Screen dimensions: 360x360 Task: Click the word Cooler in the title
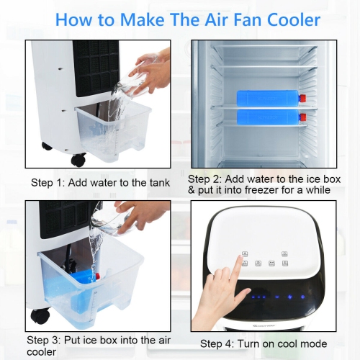coord(281,19)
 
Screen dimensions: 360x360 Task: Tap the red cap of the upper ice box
coord(303,97)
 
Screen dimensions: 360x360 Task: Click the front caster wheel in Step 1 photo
coord(78,159)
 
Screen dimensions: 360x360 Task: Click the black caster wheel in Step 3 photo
coord(40,315)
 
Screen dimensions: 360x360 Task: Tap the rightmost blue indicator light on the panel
coord(302,296)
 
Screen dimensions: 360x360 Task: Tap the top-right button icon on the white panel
coord(285,254)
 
